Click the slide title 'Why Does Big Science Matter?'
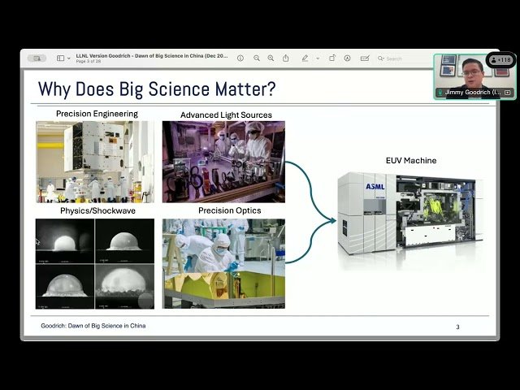157,88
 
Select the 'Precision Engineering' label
97,114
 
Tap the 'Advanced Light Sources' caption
226,115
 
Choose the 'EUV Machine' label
410,160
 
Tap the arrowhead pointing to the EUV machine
331,219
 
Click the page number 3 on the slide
457,327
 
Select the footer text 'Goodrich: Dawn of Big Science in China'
93,326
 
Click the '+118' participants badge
501,60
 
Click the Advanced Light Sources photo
223,162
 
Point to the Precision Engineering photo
94,162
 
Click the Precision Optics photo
223,263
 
